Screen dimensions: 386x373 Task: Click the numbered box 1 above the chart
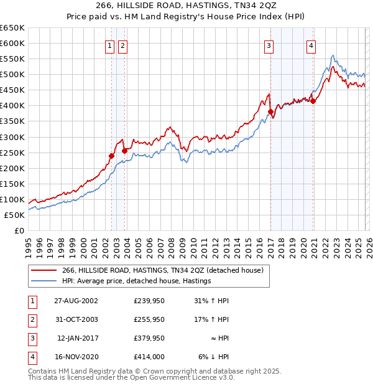110,45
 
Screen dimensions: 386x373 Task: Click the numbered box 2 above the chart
122,45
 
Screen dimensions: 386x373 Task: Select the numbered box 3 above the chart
269,45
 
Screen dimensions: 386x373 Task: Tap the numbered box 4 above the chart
310,45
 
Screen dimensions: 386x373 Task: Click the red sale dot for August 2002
112,156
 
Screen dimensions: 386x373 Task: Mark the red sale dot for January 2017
270,112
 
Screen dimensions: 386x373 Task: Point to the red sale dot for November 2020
313,101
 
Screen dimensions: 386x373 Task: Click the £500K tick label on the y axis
12,75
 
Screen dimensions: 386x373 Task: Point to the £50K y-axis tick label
15,215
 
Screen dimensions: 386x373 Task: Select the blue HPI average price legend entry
137,281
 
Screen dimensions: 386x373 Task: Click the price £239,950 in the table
149,301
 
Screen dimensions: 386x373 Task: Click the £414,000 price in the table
149,357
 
